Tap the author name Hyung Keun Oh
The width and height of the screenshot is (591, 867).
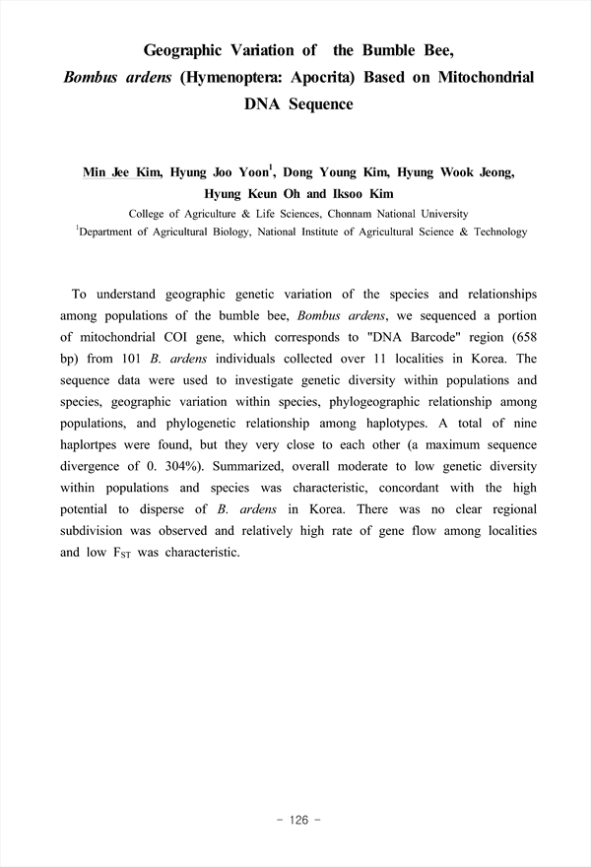tap(252, 194)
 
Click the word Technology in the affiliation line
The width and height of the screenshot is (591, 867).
tap(492, 233)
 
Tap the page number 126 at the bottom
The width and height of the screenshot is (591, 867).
tap(295, 820)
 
